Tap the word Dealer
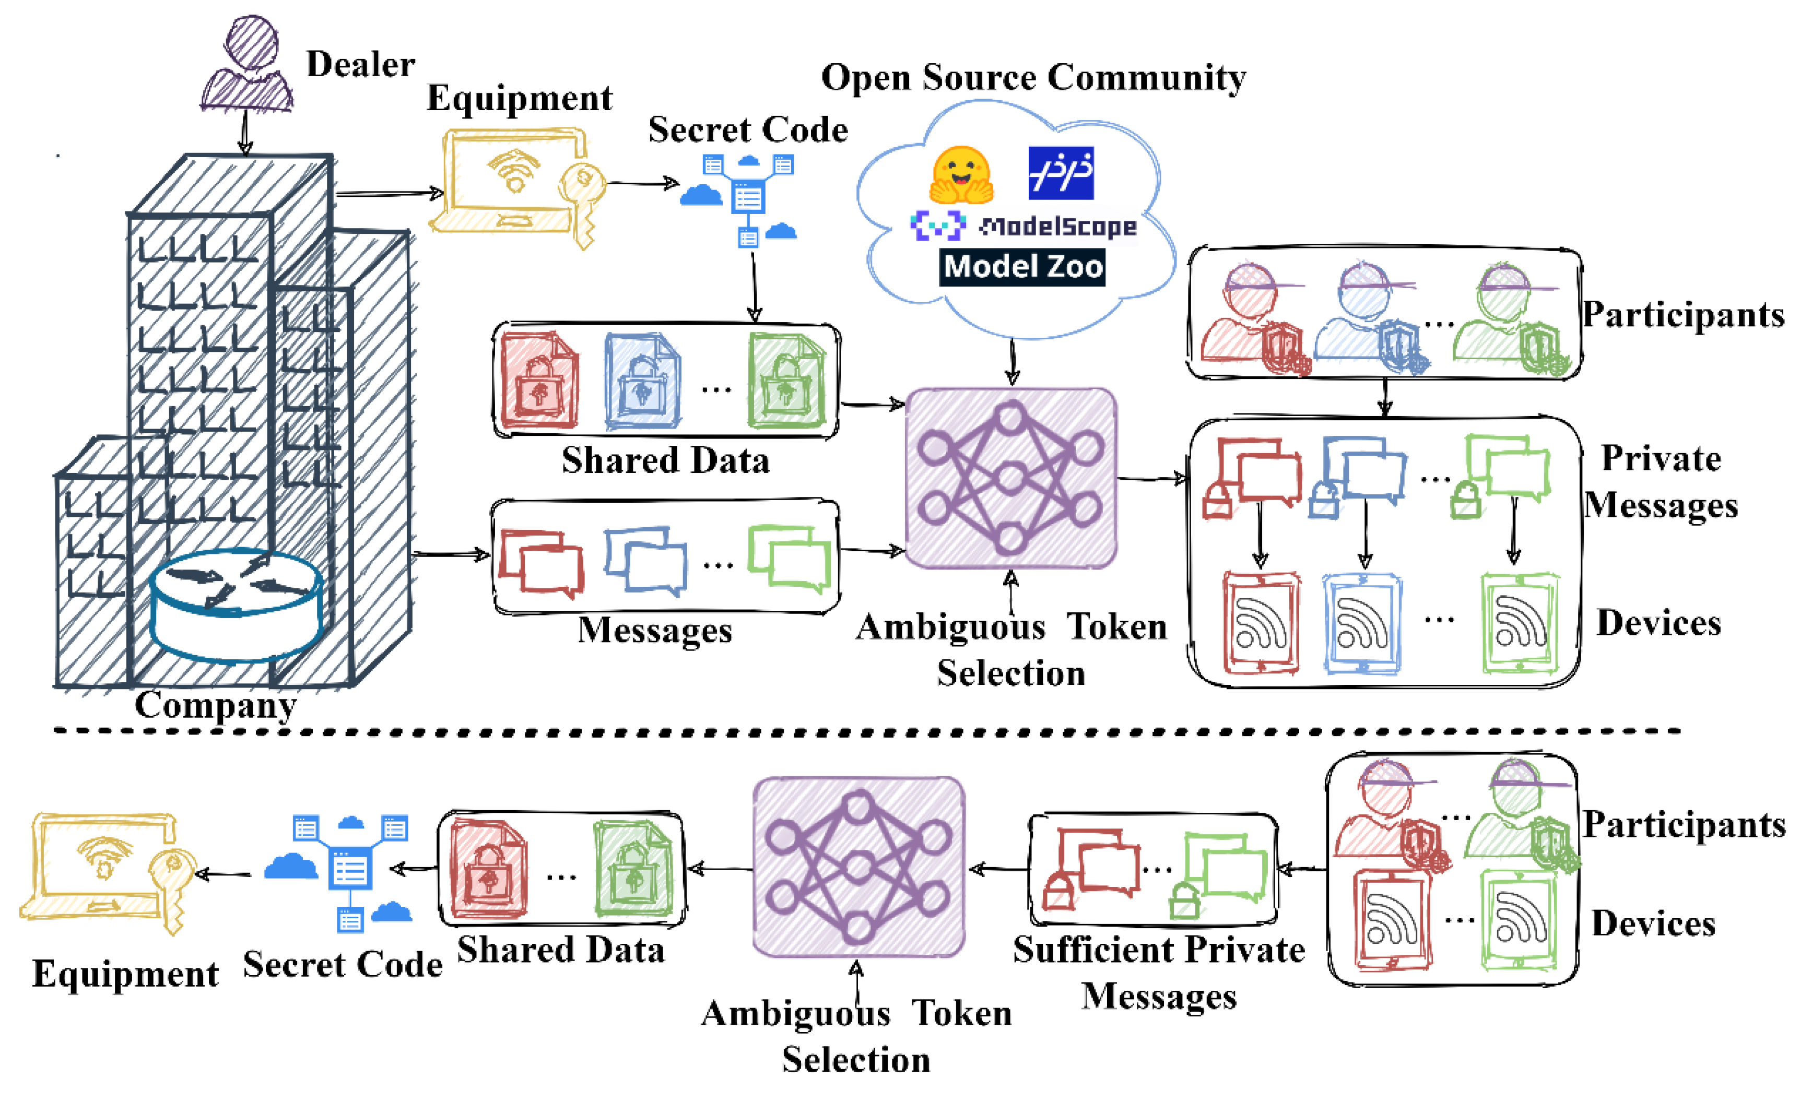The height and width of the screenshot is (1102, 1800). [x=360, y=64]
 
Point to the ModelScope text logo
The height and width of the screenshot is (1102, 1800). [x=1058, y=227]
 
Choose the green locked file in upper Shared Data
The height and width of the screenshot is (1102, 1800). [x=786, y=381]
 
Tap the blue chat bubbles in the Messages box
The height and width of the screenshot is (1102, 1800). [x=645, y=560]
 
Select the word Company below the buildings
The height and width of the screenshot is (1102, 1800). [x=216, y=705]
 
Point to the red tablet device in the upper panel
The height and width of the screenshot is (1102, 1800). [x=1261, y=623]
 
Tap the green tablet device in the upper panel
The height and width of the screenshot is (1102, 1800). [x=1520, y=623]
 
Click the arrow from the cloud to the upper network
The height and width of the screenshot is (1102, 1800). [x=1012, y=361]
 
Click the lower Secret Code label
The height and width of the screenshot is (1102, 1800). [x=343, y=965]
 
